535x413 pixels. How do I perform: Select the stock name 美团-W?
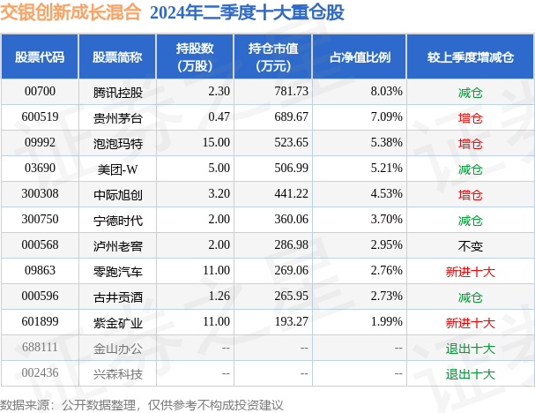115,169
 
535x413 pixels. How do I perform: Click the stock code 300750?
40,220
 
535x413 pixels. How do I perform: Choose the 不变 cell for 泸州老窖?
470,245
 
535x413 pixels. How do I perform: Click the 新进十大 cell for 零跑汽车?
470,271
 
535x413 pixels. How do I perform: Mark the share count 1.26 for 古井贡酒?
216,297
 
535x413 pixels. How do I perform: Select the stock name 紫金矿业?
117,322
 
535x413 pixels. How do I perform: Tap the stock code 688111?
40,348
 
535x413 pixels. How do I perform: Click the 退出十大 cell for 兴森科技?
470,373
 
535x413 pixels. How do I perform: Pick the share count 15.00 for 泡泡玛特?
215,143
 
